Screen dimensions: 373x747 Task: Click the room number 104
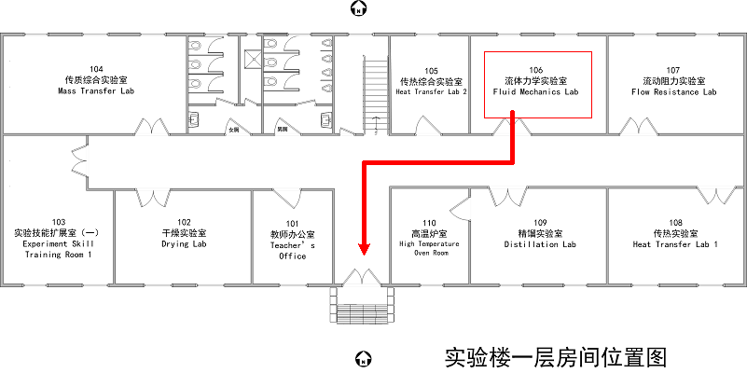[96, 70]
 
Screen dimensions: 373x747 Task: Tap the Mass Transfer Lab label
[96, 91]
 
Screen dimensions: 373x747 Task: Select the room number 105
[431, 71]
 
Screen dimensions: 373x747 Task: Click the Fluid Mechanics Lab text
[535, 92]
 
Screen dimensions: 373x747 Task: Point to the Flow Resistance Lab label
[673, 92]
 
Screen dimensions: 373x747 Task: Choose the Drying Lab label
[184, 244]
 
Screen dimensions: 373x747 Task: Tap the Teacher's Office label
[292, 250]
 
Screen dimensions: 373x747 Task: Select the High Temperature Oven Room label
[430, 248]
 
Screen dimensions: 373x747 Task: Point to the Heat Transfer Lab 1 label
[675, 244]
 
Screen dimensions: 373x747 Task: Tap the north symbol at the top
[357, 9]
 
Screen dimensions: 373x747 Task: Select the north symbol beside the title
[365, 357]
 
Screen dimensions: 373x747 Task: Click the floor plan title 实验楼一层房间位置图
[557, 356]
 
